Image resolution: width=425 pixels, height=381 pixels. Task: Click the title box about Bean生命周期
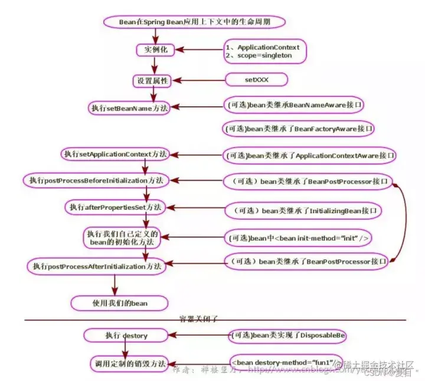pyautogui.click(x=194, y=22)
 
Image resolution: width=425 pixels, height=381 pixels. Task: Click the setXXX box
pyautogui.click(x=256, y=79)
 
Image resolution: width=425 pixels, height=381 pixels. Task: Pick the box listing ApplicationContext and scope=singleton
pyautogui.click(x=266, y=51)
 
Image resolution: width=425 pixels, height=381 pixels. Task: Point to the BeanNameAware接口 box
pyautogui.click(x=294, y=105)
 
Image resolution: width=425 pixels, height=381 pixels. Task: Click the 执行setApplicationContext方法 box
pyautogui.click(x=115, y=154)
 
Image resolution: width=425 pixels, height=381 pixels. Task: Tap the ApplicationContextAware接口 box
pyautogui.click(x=310, y=155)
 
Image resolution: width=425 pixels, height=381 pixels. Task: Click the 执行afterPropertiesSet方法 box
pyautogui.click(x=116, y=207)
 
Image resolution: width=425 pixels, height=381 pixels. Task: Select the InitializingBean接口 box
pyautogui.click(x=304, y=210)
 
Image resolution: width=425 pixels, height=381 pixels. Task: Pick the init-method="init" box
pyautogui.click(x=298, y=238)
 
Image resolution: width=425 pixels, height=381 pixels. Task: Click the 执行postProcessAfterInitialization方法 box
pyautogui.click(x=94, y=266)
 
